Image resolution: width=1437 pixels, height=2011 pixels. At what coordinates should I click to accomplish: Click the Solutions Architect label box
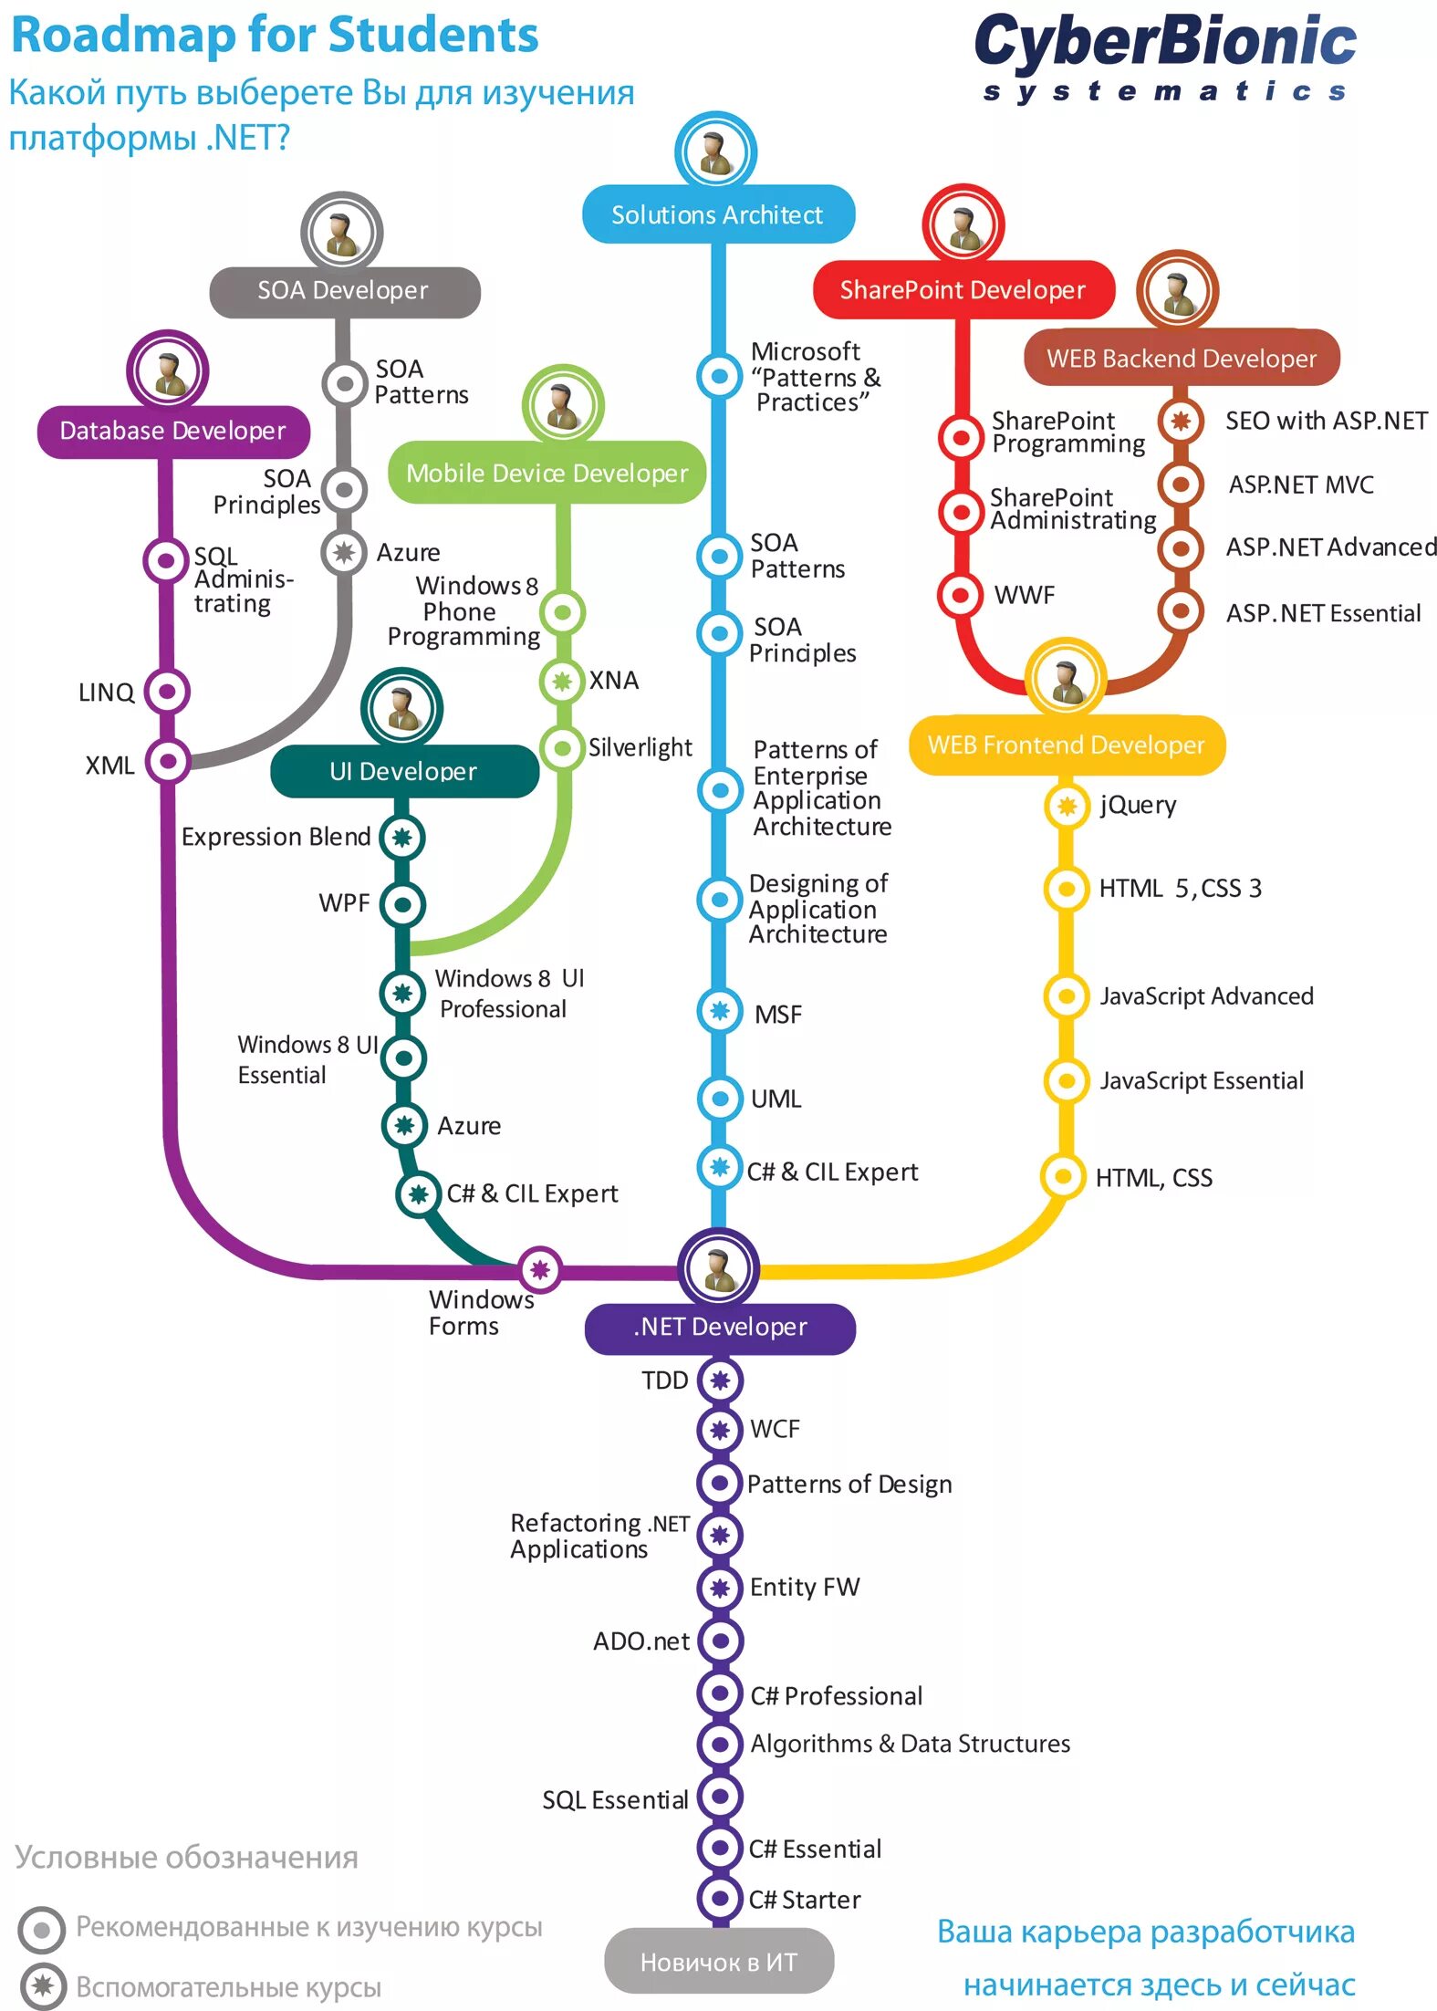point(718,214)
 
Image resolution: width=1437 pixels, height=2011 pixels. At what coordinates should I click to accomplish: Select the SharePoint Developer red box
point(963,290)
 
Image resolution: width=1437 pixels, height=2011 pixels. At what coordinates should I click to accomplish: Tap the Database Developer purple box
point(172,431)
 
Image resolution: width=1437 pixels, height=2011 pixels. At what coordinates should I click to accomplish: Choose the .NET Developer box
point(720,1327)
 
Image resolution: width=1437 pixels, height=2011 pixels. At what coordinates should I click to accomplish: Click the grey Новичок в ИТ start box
point(718,1962)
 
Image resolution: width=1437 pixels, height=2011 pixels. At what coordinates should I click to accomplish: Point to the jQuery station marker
point(1067,806)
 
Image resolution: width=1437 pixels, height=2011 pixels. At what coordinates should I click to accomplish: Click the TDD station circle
point(720,1381)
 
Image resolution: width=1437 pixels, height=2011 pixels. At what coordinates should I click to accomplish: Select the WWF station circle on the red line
point(960,595)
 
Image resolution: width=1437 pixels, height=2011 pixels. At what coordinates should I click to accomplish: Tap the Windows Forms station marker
point(540,1269)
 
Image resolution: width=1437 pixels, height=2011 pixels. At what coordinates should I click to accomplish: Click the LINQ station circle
point(167,692)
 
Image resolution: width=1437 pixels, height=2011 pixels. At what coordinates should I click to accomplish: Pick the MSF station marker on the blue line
point(720,1011)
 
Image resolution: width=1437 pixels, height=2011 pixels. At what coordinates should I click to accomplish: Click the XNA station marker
point(562,681)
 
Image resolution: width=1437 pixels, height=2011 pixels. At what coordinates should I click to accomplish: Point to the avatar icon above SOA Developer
point(342,232)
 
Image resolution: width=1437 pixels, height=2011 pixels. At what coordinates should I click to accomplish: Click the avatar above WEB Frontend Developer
point(1066,678)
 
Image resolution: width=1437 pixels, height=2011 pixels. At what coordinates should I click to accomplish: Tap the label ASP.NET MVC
point(1300,485)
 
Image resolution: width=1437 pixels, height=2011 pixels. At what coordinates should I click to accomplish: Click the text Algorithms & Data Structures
point(910,1744)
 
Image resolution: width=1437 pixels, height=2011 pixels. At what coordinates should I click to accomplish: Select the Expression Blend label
point(276,837)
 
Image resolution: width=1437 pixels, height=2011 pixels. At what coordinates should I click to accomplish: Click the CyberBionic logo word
point(1165,44)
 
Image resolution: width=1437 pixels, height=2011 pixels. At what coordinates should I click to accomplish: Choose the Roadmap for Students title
point(275,36)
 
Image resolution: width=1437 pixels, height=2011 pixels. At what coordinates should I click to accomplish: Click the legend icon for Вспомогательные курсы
point(42,1986)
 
